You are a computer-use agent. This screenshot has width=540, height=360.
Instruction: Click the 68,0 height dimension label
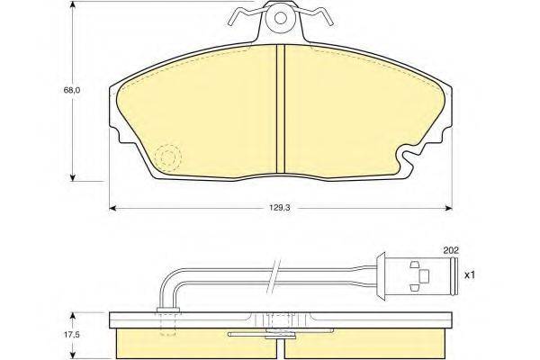[x=72, y=91]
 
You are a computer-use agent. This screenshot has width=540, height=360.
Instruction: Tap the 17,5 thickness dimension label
[x=72, y=334]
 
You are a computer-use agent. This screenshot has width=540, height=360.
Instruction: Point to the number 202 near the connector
[x=451, y=250]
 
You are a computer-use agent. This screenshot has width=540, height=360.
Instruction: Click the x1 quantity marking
[x=470, y=274]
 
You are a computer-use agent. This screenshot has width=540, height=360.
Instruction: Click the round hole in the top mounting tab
[x=280, y=18]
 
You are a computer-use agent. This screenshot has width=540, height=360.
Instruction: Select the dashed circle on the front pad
[x=167, y=157]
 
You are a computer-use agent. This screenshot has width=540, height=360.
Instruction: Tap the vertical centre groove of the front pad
[x=281, y=109]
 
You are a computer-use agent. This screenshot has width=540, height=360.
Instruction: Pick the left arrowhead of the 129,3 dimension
[x=112, y=208]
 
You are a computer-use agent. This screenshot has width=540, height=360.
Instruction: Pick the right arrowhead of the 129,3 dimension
[x=448, y=208]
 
